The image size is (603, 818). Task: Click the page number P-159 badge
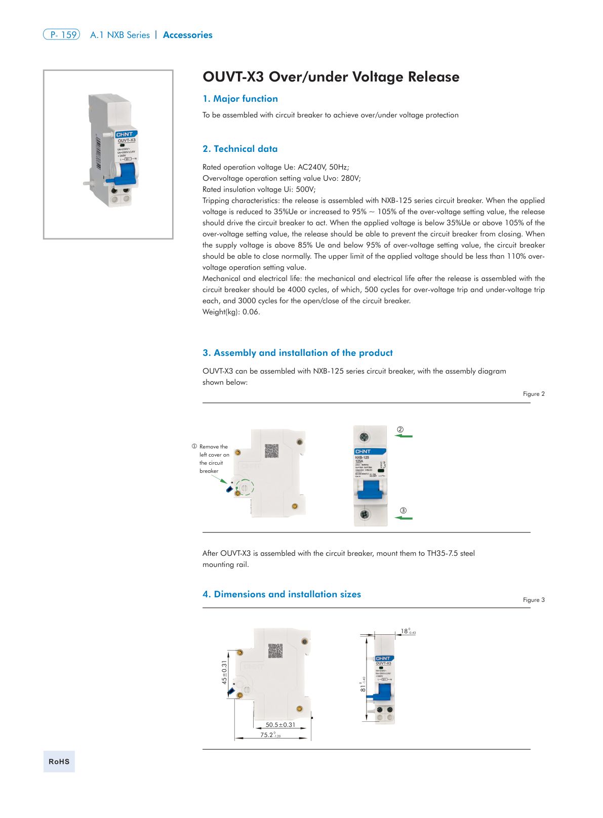pyautogui.click(x=61, y=34)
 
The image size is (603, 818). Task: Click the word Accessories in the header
pyautogui.click(x=187, y=35)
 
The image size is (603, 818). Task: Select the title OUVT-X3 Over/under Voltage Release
pyautogui.click(x=331, y=77)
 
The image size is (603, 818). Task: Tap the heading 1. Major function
pyautogui.click(x=240, y=99)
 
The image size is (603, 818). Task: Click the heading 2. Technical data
pyautogui.click(x=240, y=149)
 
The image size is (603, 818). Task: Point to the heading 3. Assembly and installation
pyautogui.click(x=297, y=353)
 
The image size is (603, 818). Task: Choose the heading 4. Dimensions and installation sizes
pyautogui.click(x=282, y=594)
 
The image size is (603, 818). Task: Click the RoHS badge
pyautogui.click(x=59, y=761)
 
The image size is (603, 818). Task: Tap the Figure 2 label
pyautogui.click(x=534, y=394)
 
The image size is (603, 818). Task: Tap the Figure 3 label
pyautogui.click(x=534, y=600)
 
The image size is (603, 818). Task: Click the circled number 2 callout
pyautogui.click(x=400, y=430)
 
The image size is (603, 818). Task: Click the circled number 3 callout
pyautogui.click(x=403, y=510)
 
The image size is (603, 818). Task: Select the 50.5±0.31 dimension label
pyautogui.click(x=280, y=725)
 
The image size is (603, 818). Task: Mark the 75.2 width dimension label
pyautogui.click(x=269, y=735)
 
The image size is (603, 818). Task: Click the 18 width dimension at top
pyautogui.click(x=407, y=631)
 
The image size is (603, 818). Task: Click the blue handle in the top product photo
pyautogui.click(x=125, y=173)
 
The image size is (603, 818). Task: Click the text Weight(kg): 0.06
pyautogui.click(x=231, y=312)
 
